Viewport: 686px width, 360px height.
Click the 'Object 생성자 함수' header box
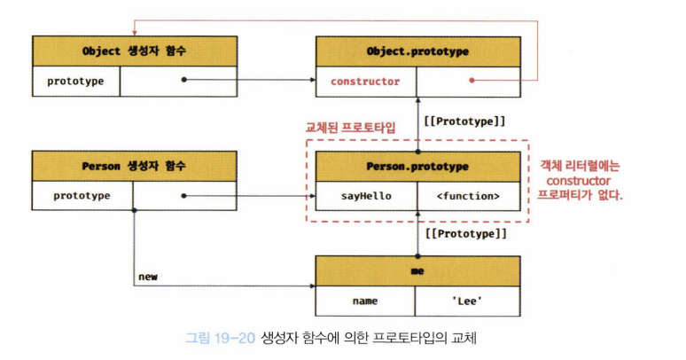[134, 51]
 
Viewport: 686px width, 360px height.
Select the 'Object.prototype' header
[417, 51]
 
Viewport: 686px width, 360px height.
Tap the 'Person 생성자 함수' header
[134, 166]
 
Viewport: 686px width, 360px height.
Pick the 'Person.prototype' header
[417, 166]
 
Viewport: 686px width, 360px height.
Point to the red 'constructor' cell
[365, 82]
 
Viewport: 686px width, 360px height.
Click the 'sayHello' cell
[365, 196]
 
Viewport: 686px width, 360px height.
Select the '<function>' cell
[468, 196]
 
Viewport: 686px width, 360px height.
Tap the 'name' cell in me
[365, 301]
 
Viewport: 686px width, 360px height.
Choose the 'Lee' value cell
[468, 301]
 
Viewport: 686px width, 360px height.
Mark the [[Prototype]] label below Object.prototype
[465, 120]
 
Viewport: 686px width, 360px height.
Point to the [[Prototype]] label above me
[465, 235]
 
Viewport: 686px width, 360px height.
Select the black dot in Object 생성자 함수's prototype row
[183, 81]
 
